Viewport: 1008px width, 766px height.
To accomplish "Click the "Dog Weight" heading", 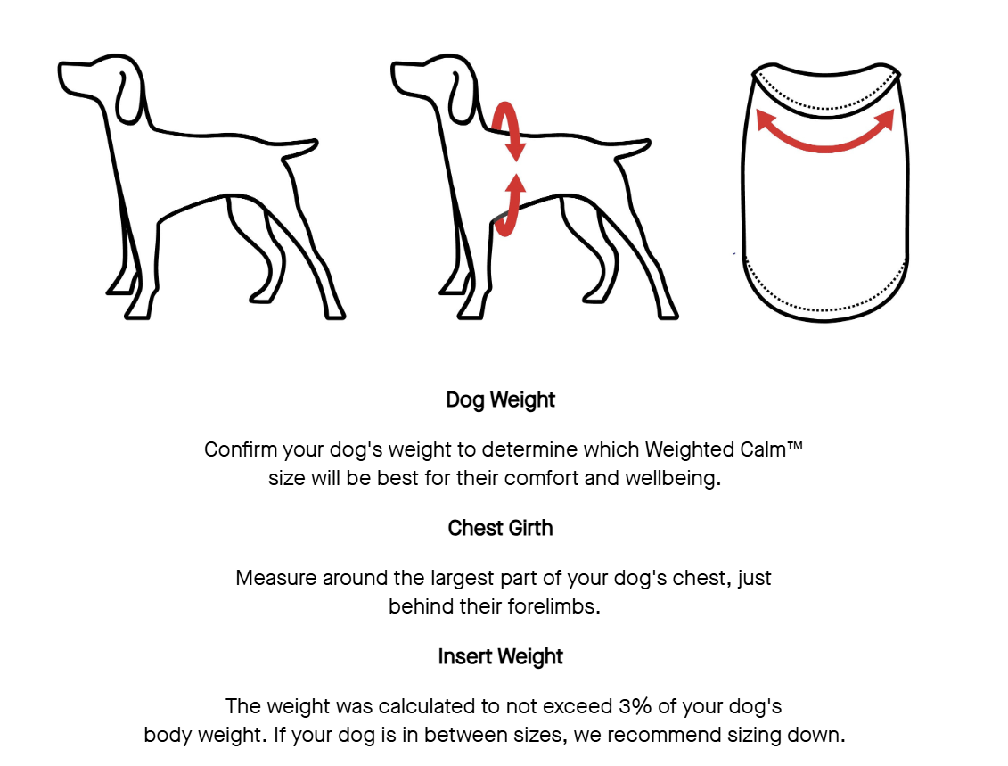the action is pos(500,400).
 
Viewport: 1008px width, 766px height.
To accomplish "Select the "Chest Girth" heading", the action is pos(500,528).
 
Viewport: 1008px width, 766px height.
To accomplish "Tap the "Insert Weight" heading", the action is pos(500,656).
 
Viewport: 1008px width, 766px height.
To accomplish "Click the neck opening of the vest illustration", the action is pos(825,90).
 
